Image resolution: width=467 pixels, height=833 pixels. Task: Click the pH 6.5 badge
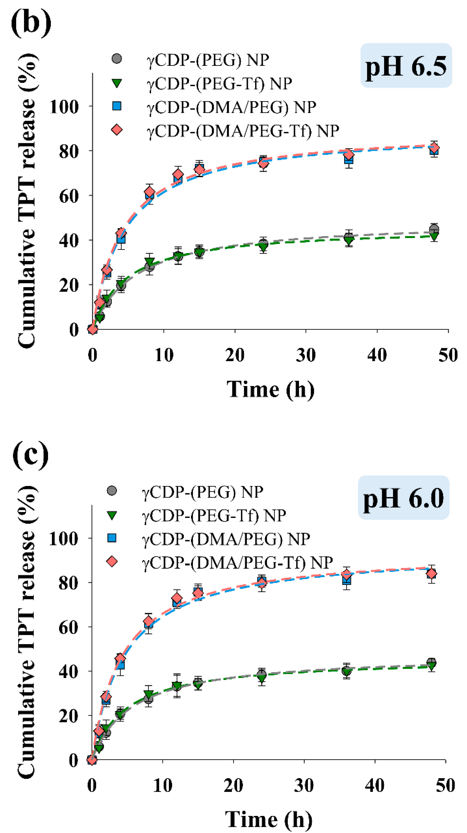click(406, 66)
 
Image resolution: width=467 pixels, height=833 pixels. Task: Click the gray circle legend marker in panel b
click(117, 59)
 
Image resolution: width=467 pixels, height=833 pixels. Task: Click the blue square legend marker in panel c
click(112, 538)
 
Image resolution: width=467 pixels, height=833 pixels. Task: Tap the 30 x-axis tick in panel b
click(306, 355)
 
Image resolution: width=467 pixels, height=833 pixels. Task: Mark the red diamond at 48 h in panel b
click(434, 148)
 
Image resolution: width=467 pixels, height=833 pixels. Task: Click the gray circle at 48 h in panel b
click(434, 230)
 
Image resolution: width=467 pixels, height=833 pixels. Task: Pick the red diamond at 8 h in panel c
click(148, 622)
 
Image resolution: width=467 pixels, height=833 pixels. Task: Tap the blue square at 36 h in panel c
click(346, 580)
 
